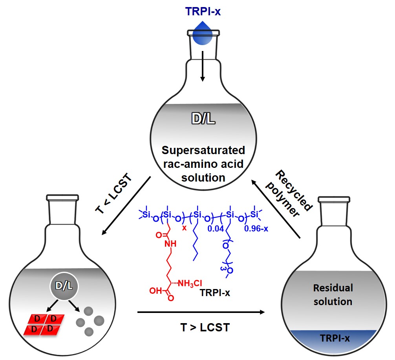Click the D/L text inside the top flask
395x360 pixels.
click(x=203, y=117)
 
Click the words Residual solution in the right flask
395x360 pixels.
click(x=333, y=295)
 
